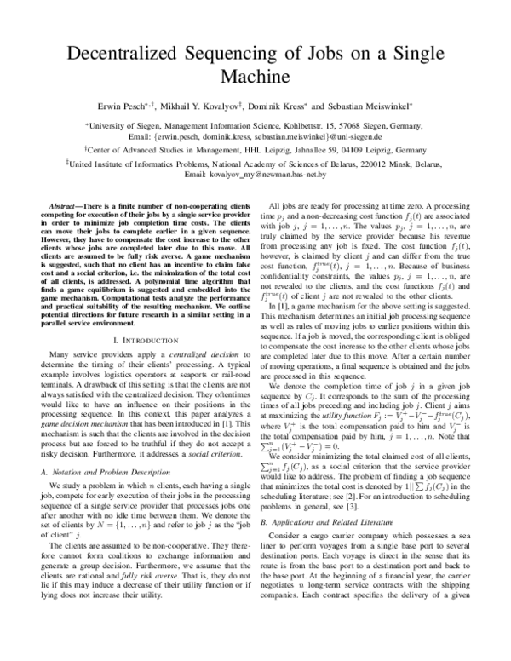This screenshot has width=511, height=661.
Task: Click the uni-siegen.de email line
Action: point(255,135)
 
